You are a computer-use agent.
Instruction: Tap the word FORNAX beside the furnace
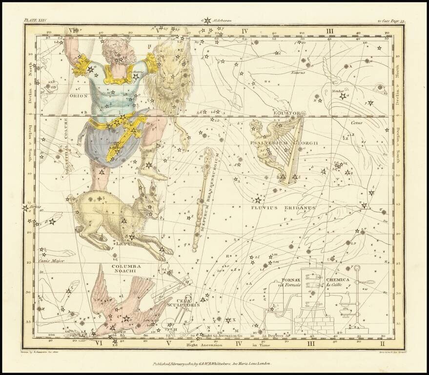point(291,280)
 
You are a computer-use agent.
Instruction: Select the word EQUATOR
point(286,113)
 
